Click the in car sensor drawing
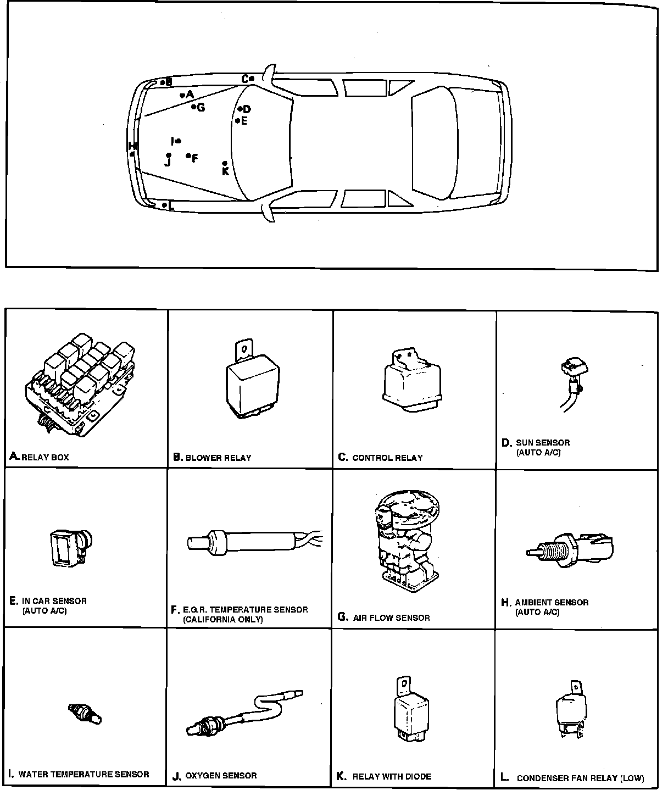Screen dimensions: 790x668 tap(69, 547)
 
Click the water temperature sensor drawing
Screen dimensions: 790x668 tap(85, 713)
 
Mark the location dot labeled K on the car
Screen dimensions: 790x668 tap(225, 163)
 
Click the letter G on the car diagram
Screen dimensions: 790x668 tap(201, 108)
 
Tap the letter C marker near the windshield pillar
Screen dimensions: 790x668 tap(245, 79)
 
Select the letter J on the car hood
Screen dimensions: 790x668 tap(168, 162)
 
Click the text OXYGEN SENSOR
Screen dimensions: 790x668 tap(221, 776)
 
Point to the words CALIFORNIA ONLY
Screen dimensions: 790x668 tap(223, 620)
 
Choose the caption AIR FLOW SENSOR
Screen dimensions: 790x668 tap(391, 618)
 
